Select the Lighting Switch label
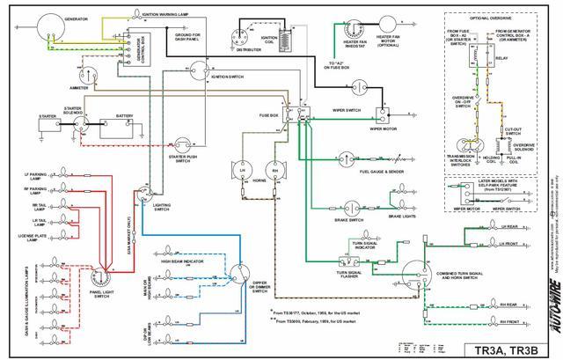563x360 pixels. [x=162, y=206]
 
